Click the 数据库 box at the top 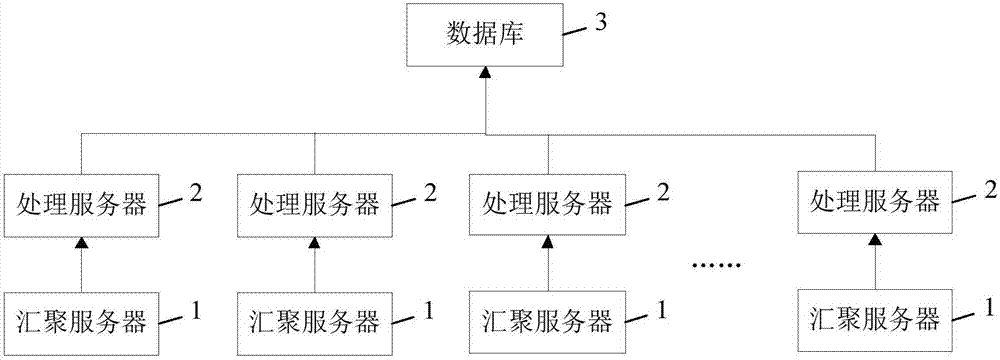coord(484,38)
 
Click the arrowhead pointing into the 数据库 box coord(484,74)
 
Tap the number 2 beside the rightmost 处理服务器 coord(989,189)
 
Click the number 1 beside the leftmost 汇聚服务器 coord(196,310)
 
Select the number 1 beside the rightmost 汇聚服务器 coord(989,306)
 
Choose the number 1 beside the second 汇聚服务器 coord(428,310)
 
